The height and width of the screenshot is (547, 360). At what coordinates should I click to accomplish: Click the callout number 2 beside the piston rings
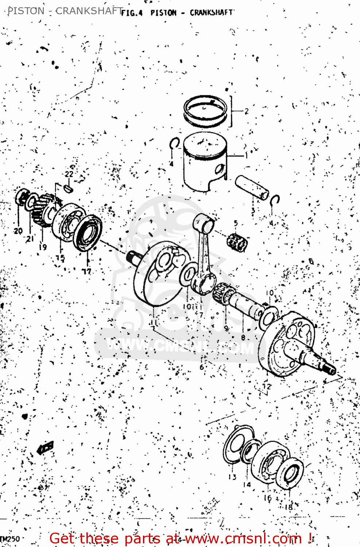click(x=247, y=111)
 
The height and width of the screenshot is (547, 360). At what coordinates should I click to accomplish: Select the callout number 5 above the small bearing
click(x=236, y=223)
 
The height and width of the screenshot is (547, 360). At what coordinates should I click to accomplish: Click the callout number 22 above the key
click(x=69, y=174)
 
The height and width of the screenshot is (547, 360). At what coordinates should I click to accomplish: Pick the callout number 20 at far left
click(x=18, y=230)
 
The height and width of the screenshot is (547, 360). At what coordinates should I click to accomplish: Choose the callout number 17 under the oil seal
click(x=86, y=271)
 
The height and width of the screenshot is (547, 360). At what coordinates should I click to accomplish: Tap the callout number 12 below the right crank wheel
click(x=267, y=386)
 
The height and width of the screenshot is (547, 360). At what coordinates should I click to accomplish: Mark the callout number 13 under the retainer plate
click(x=232, y=477)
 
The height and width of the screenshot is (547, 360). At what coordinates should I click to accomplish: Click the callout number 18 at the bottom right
click(x=288, y=507)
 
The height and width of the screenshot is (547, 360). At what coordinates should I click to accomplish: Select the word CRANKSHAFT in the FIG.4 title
click(x=211, y=12)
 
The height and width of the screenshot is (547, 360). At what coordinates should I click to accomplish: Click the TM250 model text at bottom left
click(x=10, y=539)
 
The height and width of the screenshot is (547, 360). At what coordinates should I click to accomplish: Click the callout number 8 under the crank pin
click(x=243, y=337)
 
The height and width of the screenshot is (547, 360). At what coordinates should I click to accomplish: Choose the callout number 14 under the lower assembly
click(x=247, y=485)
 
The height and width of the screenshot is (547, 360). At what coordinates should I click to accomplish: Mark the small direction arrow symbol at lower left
click(x=46, y=447)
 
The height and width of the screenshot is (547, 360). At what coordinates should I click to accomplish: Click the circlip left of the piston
click(x=174, y=143)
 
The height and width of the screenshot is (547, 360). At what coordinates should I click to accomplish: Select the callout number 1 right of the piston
click(x=246, y=156)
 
